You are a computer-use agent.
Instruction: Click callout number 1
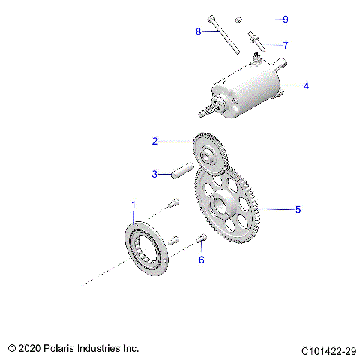pos(134,205)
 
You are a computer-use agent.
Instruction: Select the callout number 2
pos(154,141)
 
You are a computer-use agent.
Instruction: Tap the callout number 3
pos(154,174)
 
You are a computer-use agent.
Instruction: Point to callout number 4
pos(306,85)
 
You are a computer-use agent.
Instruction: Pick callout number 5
pos(298,210)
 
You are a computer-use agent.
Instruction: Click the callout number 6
pos(201,259)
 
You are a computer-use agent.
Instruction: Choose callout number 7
pos(285,45)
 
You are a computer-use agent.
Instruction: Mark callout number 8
pos(199,32)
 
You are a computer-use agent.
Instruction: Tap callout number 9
pos(285,19)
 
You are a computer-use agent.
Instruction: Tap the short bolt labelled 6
pos(202,239)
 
